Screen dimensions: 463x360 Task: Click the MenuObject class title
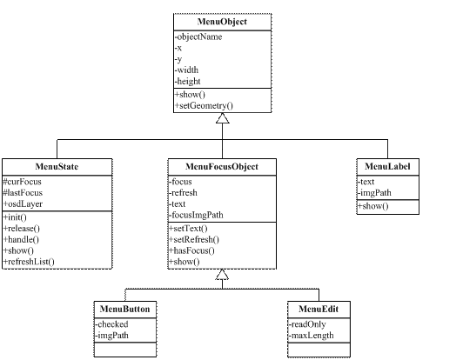pyautogui.click(x=222, y=22)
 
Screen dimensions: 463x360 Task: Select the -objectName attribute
pyautogui.click(x=198, y=37)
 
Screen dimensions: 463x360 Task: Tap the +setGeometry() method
pyautogui.click(x=204, y=105)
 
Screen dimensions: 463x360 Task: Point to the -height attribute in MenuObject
pyautogui.click(x=188, y=81)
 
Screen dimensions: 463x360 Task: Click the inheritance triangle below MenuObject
pyautogui.click(x=222, y=118)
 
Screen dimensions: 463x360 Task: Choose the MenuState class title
pyautogui.click(x=57, y=166)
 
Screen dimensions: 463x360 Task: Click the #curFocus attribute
pyautogui.click(x=22, y=182)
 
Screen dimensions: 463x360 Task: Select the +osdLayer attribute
pyautogui.click(x=23, y=203)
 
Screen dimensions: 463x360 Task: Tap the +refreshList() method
pyautogui.click(x=29, y=262)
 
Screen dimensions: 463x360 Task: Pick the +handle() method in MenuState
pyautogui.click(x=21, y=240)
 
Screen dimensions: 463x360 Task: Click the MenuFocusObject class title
pyautogui.click(x=222, y=166)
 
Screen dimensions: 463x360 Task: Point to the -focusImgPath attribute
pyautogui.click(x=196, y=215)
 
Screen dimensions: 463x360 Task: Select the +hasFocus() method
pyautogui.click(x=191, y=250)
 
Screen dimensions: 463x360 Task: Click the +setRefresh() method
pyautogui.click(x=194, y=239)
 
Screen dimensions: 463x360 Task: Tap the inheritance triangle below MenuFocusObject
pyautogui.click(x=222, y=274)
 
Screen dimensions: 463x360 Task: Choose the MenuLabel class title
pyautogui.click(x=387, y=166)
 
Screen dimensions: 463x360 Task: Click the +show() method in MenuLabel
pyautogui.click(x=373, y=206)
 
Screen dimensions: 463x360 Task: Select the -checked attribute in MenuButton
pyautogui.click(x=111, y=324)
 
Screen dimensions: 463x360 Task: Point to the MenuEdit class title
pyautogui.click(x=319, y=309)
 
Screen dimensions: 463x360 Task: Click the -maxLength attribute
pyautogui.click(x=312, y=336)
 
